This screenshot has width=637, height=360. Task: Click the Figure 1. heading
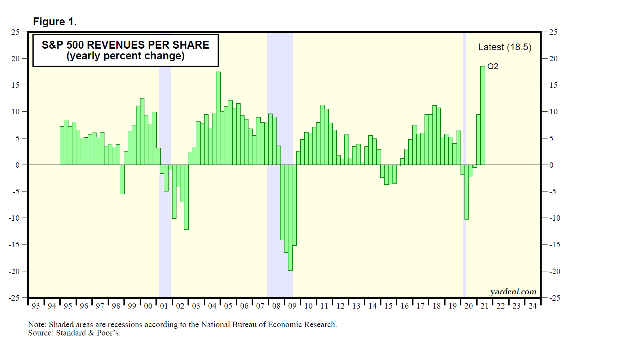(55, 22)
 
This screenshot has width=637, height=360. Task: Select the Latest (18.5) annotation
(504, 47)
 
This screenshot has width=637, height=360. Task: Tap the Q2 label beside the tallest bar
(493, 66)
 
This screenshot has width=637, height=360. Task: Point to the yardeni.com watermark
(513, 292)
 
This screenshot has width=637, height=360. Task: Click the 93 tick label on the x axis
(36, 306)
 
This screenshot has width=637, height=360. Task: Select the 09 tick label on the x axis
(292, 306)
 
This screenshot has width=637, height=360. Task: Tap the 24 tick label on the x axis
(533, 306)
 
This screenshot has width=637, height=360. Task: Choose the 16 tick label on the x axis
(404, 306)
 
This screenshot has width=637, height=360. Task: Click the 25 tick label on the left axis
(15, 32)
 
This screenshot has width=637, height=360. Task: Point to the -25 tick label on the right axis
(555, 298)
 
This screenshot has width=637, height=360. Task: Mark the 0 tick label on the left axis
(17, 165)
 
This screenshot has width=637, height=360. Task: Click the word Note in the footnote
(37, 325)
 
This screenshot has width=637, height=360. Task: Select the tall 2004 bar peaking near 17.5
(218, 118)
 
